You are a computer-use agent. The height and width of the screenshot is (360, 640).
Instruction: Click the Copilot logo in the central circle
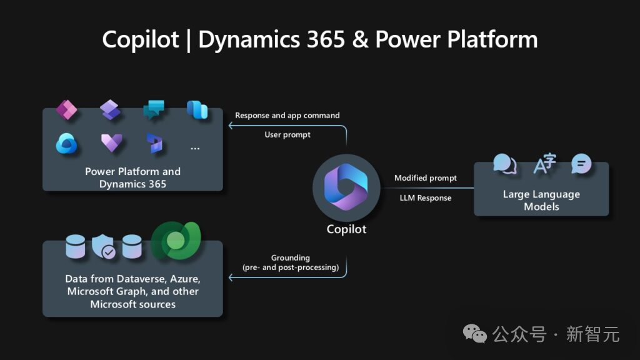pyautogui.click(x=346, y=187)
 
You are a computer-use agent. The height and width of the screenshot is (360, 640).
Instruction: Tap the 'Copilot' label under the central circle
pyautogui.click(x=346, y=229)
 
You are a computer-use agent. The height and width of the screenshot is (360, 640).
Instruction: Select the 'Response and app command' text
pyautogui.click(x=287, y=116)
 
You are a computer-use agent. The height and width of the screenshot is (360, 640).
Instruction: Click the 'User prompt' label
pyautogui.click(x=287, y=135)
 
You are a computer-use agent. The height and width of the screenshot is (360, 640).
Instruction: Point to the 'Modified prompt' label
pyautogui.click(x=425, y=178)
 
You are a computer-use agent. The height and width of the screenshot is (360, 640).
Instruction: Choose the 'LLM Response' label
pyautogui.click(x=425, y=198)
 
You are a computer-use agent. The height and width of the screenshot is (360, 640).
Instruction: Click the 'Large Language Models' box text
pyautogui.click(x=541, y=201)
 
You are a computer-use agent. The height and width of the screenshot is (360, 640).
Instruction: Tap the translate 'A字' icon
pyautogui.click(x=545, y=163)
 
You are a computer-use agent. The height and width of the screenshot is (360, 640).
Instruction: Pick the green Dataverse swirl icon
pyautogui.click(x=176, y=241)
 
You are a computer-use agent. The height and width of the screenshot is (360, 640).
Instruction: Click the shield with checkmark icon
pyautogui.click(x=103, y=246)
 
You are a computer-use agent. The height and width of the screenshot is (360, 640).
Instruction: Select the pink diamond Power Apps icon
pyautogui.click(x=66, y=109)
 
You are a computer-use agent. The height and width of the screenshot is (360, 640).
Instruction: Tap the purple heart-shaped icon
pyautogui.click(x=111, y=143)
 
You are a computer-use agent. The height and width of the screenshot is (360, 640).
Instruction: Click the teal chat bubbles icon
pyautogui.click(x=154, y=109)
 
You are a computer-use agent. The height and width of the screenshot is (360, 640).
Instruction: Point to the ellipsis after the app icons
pyautogui.click(x=195, y=149)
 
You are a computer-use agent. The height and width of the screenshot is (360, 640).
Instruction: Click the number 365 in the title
pyautogui.click(x=326, y=39)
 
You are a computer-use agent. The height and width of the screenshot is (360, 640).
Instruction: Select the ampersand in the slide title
pyautogui.click(x=360, y=39)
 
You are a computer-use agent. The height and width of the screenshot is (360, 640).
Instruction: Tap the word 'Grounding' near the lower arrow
pyautogui.click(x=291, y=258)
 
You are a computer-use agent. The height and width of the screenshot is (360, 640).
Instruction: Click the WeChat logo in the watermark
pyautogui.click(x=475, y=334)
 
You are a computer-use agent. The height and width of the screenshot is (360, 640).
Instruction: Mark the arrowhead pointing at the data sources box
pyautogui.click(x=231, y=277)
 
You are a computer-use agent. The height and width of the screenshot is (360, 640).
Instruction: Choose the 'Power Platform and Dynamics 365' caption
pyautogui.click(x=132, y=177)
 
